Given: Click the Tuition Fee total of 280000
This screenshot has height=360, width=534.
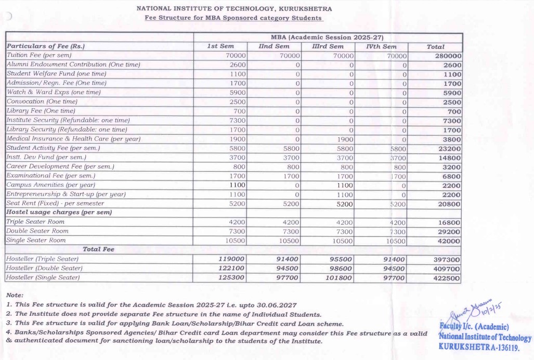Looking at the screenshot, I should click(448, 56).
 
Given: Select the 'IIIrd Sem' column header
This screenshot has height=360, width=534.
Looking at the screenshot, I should click(328, 46).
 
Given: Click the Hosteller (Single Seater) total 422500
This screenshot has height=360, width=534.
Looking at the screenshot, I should click(446, 278).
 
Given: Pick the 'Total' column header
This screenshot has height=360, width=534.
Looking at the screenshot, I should click(435, 46).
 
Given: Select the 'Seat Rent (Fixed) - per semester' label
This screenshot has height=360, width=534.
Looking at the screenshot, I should click(55, 203).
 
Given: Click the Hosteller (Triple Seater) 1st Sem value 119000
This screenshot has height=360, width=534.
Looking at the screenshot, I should click(231, 259).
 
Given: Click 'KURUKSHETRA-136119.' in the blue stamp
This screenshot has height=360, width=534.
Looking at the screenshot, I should click(479, 346).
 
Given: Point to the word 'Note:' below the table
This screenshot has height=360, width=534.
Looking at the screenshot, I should click(15, 295).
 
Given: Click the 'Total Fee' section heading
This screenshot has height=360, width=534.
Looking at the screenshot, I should click(98, 249).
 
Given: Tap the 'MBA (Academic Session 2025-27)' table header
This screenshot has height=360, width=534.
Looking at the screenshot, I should click(327, 37).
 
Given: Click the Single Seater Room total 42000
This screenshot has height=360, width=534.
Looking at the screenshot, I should click(448, 240).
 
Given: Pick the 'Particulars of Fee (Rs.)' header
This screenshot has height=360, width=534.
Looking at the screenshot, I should click(45, 46).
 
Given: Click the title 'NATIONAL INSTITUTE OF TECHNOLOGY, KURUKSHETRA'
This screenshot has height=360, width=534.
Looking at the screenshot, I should click(234, 9).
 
